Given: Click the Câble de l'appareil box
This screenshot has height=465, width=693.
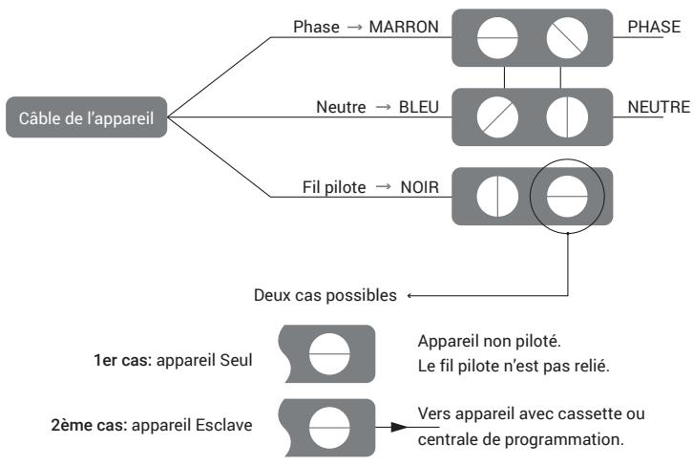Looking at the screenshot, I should (x=83, y=120).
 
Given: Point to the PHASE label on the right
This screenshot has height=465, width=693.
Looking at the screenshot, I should (x=654, y=28).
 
